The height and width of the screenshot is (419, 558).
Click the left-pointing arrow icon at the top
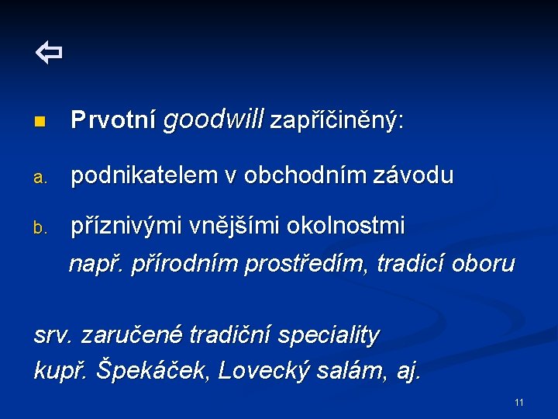[x=49, y=54]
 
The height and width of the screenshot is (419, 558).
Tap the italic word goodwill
[x=214, y=119]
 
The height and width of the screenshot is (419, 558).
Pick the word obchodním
[x=301, y=176]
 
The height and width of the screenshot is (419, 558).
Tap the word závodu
[x=415, y=176]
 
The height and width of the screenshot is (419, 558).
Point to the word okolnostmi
[x=346, y=227]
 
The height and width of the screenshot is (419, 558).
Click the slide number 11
[x=518, y=403]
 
